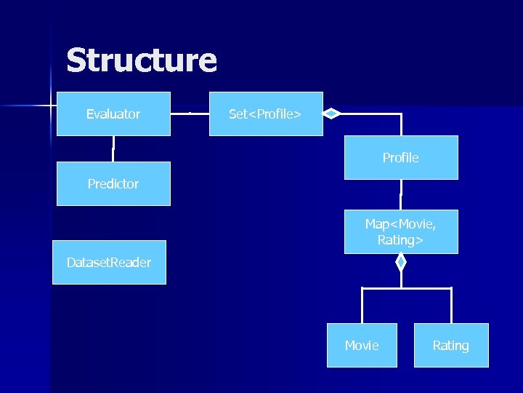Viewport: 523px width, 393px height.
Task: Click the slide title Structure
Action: pyautogui.click(x=141, y=60)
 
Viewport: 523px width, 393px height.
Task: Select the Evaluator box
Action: pyautogui.click(x=113, y=114)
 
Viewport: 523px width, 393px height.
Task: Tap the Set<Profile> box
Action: pyautogui.click(x=266, y=114)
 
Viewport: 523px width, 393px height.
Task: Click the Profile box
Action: pyautogui.click(x=401, y=157)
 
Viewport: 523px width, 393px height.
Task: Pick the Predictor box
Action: pyautogui.click(x=113, y=184)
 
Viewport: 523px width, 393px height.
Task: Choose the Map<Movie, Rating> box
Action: pyautogui.click(x=401, y=232)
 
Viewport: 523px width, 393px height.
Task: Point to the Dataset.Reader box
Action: pyautogui.click(x=109, y=262)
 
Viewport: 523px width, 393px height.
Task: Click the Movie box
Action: pyautogui.click(x=362, y=345)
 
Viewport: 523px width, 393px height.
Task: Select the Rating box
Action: pyautogui.click(x=451, y=345)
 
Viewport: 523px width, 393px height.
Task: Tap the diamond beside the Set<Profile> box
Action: pyautogui.click(x=331, y=114)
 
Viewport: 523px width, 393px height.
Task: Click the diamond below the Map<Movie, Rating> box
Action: pyautogui.click(x=400, y=262)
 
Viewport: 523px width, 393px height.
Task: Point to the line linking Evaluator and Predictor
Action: pyautogui.click(x=113, y=148)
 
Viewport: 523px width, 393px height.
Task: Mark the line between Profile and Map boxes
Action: pyautogui.click(x=401, y=194)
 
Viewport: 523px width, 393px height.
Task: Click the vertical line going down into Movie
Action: pyautogui.click(x=362, y=306)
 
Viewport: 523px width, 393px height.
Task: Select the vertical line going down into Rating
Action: pyautogui.click(x=451, y=306)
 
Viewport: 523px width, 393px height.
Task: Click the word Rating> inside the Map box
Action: pyautogui.click(x=401, y=240)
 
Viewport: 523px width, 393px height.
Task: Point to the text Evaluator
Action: pyautogui.click(x=113, y=114)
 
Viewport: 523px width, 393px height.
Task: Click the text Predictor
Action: pyautogui.click(x=113, y=184)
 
